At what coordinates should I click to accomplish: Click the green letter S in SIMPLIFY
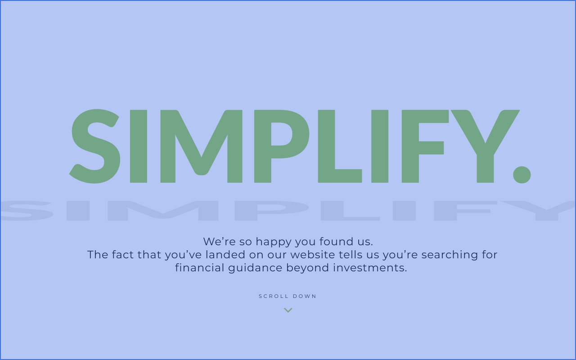pos(94,146)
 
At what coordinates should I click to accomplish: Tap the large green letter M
pos(201,146)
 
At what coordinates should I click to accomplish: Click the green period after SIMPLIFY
pos(522,175)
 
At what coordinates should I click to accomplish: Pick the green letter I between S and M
pos(139,146)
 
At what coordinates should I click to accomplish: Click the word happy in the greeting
pos(273,242)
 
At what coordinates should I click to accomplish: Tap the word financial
pos(199,268)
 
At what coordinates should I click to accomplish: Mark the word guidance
pos(255,268)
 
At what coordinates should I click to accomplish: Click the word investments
pos(370,268)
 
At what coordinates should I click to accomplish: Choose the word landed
pos(225,255)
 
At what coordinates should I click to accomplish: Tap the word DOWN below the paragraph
pos(305,296)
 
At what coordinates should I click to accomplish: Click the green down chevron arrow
pos(288,310)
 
